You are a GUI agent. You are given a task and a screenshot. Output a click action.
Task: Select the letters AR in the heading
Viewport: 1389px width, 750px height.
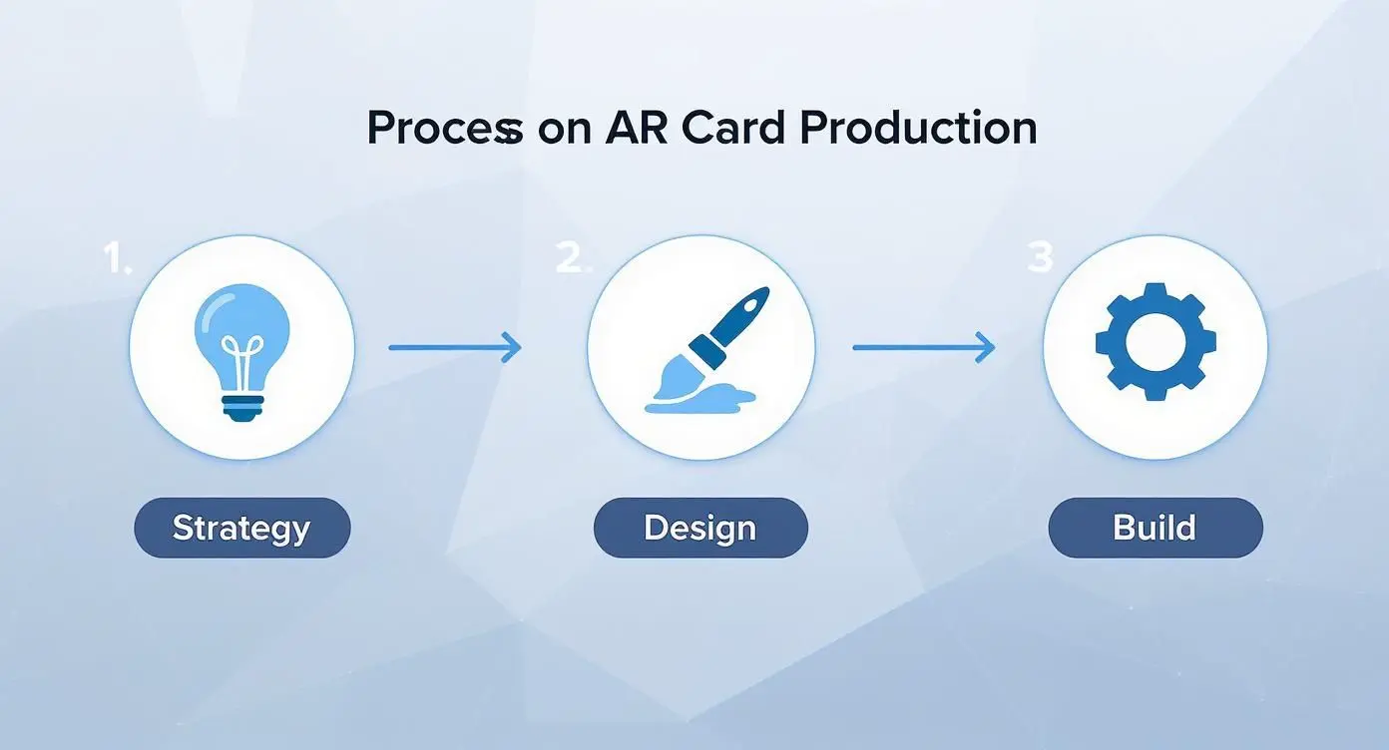638,130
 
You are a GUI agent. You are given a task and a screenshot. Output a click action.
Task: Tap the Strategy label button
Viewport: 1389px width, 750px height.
241,528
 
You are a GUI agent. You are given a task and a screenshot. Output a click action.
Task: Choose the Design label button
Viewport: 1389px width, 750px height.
699,528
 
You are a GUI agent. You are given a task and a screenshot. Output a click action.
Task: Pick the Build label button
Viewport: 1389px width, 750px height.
1155,528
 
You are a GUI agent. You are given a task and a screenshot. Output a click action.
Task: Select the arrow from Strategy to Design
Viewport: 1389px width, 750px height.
454,347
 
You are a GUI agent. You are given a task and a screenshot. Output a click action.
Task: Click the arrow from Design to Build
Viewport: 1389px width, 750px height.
923,347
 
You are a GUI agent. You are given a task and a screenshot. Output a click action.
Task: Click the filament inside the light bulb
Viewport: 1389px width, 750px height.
242,356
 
